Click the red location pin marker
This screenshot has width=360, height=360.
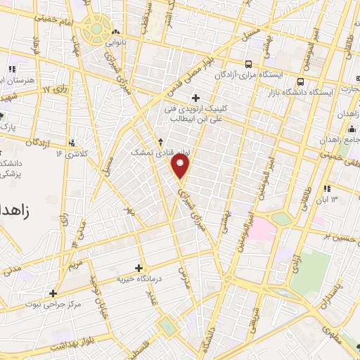coord(181,166)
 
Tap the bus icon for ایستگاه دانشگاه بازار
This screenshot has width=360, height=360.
coord(300,82)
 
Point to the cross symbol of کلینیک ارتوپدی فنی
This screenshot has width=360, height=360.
coord(195,97)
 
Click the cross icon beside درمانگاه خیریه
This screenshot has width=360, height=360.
coord(139,268)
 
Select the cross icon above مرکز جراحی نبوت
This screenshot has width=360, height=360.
coord(52,293)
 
